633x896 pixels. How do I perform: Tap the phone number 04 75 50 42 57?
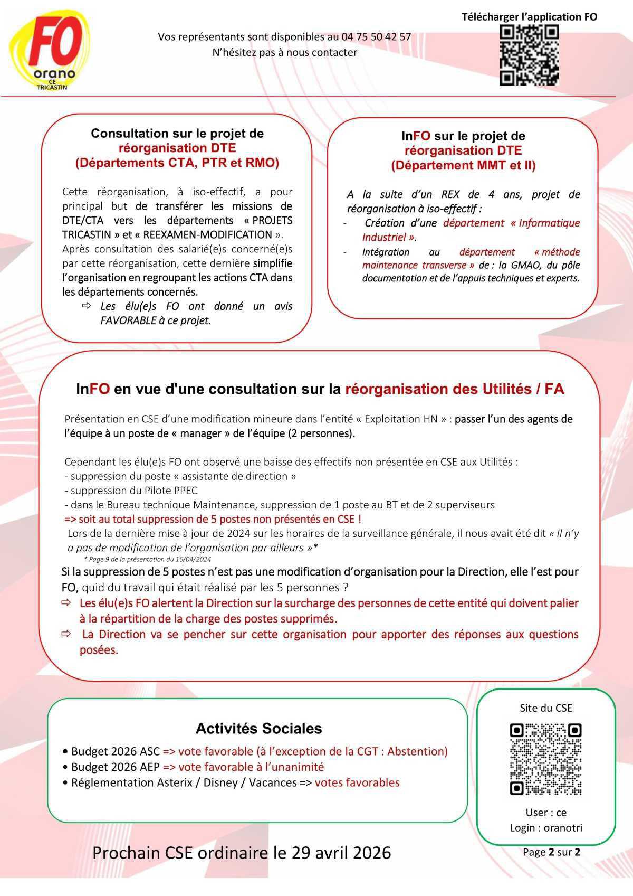[376, 37]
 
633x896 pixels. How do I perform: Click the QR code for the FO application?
[529, 55]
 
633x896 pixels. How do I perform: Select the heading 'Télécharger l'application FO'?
[529, 17]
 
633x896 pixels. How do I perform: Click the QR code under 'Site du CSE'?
[545, 759]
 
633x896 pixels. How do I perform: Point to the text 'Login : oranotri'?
[546, 827]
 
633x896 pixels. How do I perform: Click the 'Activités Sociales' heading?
[258, 729]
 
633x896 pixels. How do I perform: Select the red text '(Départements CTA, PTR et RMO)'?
[177, 163]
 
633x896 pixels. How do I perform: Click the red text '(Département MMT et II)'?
[463, 166]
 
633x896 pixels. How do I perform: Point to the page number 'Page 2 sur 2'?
[551, 852]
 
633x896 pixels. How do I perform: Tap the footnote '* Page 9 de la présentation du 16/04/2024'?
[147, 559]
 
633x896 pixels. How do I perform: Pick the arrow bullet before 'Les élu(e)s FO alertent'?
[66, 603]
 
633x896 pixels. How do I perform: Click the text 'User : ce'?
[546, 813]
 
